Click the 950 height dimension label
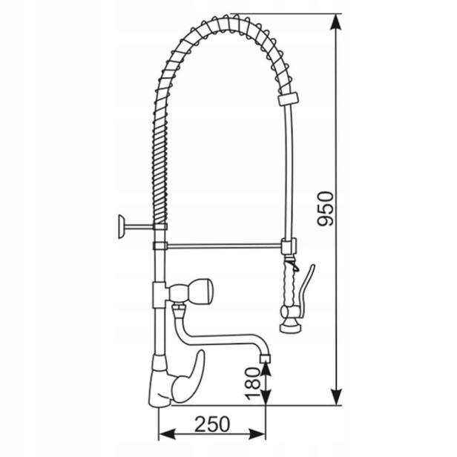(x=325, y=208)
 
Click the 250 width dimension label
(x=212, y=424)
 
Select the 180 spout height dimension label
(x=252, y=384)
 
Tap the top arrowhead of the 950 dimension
(x=336, y=22)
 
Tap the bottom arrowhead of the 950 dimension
(x=336, y=397)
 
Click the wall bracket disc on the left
(x=121, y=226)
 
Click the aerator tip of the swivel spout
(x=265, y=358)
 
